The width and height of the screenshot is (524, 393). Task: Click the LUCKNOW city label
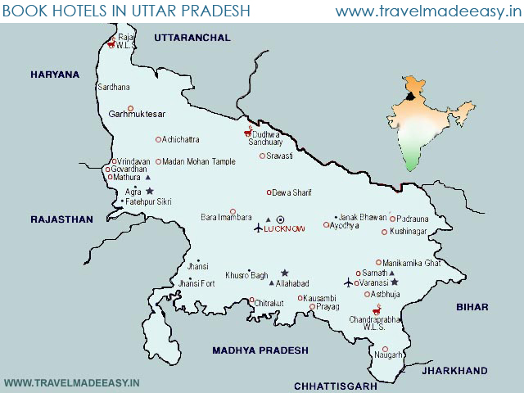tap(284, 228)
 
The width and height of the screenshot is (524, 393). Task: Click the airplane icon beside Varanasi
tap(349, 282)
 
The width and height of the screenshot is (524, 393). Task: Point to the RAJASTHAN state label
tap(62, 219)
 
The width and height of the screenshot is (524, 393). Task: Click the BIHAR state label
tap(472, 306)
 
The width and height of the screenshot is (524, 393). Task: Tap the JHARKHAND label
tap(454, 370)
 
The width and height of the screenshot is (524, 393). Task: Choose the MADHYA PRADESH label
tap(260, 350)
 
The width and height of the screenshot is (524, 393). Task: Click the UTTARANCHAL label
tap(192, 38)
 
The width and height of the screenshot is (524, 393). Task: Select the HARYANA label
tap(55, 75)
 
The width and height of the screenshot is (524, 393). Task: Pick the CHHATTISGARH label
tap(335, 385)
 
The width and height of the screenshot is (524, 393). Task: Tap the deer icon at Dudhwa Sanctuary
tap(247, 131)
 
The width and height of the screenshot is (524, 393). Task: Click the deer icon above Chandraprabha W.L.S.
tap(377, 309)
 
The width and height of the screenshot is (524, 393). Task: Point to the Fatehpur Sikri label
tap(149, 201)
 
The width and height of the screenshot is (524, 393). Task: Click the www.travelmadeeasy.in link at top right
tap(428, 11)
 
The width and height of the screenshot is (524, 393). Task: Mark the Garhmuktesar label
tap(137, 114)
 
